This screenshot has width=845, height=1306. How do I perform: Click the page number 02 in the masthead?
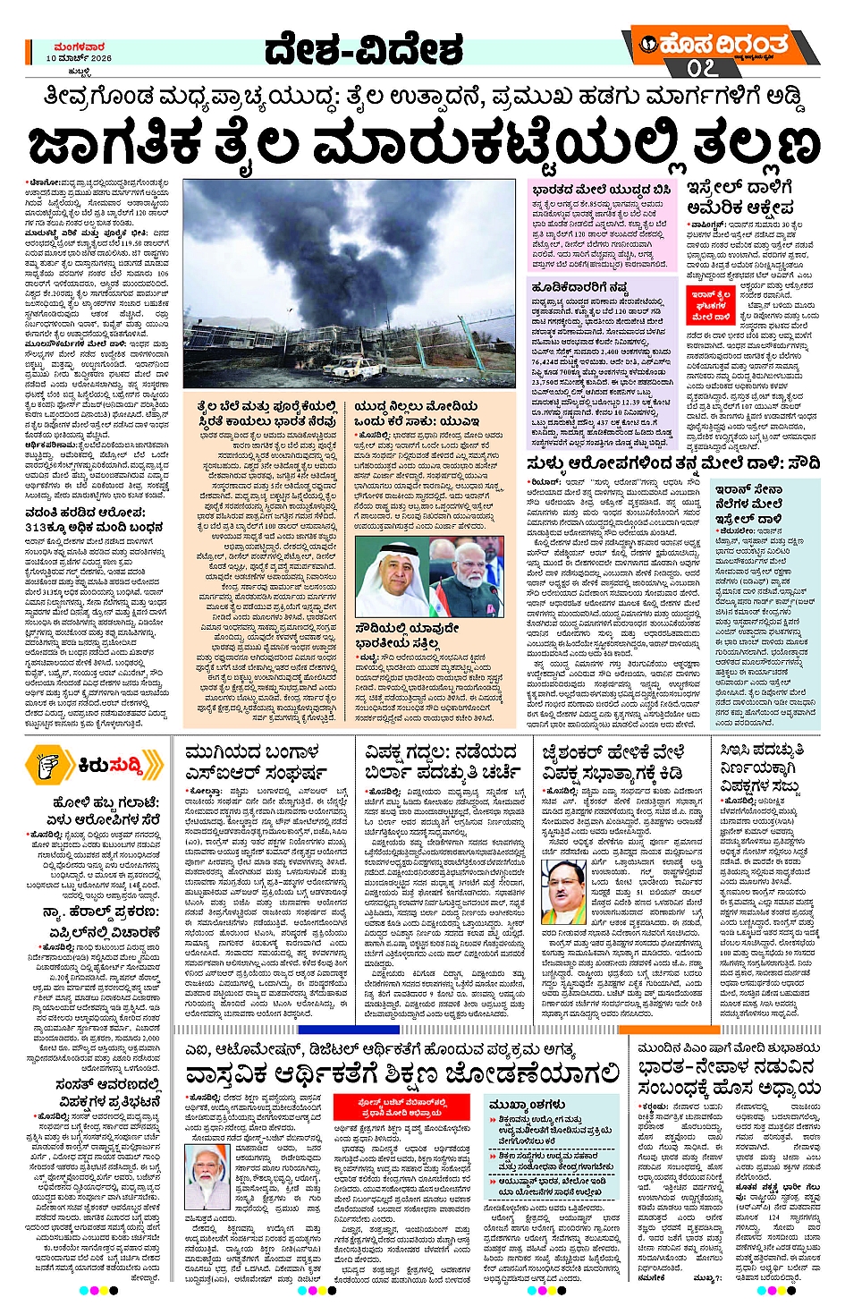coord(702,69)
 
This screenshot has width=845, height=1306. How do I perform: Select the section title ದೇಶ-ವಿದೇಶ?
coord(364,51)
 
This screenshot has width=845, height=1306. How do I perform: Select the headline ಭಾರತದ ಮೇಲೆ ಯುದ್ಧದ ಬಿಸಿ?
coord(600,191)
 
